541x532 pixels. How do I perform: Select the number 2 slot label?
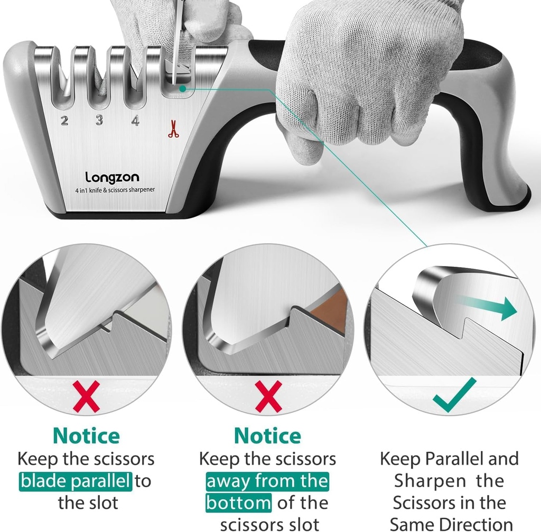pyautogui.click(x=64, y=121)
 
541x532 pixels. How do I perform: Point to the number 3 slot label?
pyautogui.click(x=99, y=120)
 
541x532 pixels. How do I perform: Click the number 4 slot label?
pyautogui.click(x=135, y=121)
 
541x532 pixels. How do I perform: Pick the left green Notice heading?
pyautogui.click(x=86, y=436)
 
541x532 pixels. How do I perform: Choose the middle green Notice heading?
pyautogui.click(x=268, y=436)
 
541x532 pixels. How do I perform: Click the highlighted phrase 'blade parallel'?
pyautogui.click(x=76, y=481)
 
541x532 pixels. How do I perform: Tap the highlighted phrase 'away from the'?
pyautogui.click(x=267, y=482)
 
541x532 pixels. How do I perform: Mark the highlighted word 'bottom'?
pyautogui.click(x=239, y=503)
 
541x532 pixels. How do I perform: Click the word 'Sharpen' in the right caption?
pyautogui.click(x=427, y=481)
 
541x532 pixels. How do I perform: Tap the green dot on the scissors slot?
pyautogui.click(x=182, y=89)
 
